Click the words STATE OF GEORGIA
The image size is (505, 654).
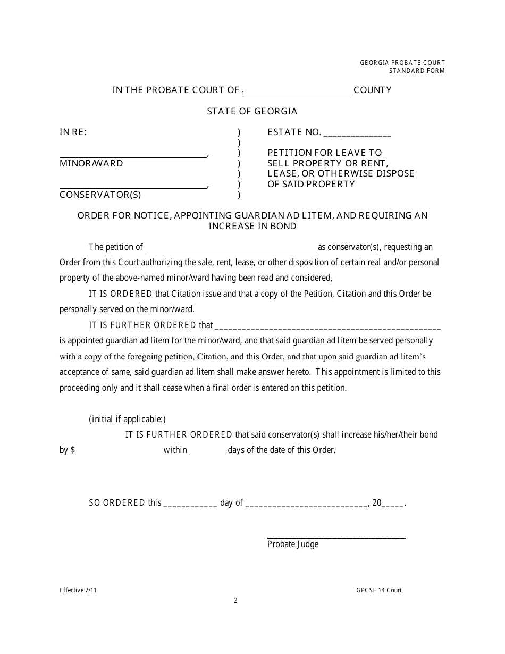[252, 111]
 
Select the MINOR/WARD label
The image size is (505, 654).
[91, 163]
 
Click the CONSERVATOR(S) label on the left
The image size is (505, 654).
[100, 195]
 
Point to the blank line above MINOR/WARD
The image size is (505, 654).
[133, 156]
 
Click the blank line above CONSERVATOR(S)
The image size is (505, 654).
[133, 187]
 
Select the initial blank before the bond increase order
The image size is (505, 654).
[106, 437]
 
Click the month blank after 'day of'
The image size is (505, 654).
[306, 505]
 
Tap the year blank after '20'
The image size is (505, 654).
[393, 505]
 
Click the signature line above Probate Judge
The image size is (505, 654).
[336, 537]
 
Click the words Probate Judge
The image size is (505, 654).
[293, 544]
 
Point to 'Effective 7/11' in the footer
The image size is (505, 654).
[78, 590]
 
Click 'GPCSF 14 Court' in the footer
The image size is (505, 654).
[379, 590]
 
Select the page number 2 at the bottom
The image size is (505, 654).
[235, 601]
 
